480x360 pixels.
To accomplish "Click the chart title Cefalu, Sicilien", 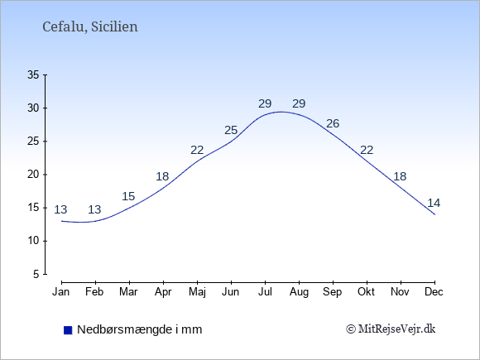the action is pyautogui.click(x=90, y=27).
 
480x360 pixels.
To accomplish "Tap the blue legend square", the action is pyautogui.click(x=68, y=330).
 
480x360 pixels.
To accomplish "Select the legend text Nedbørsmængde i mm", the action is pyautogui.click(x=140, y=329).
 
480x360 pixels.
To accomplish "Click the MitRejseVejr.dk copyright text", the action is pyautogui.click(x=391, y=329).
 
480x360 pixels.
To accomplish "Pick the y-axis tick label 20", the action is pyautogui.click(x=33, y=175).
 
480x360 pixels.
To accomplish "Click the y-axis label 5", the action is pyautogui.click(x=36, y=274).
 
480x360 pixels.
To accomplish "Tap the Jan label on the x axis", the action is pyautogui.click(x=61, y=292).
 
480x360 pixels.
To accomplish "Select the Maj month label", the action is pyautogui.click(x=197, y=292).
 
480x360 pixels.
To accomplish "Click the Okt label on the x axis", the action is pyautogui.click(x=366, y=292).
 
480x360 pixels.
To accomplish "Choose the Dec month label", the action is pyautogui.click(x=434, y=292).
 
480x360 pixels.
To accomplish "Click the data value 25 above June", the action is pyautogui.click(x=231, y=131).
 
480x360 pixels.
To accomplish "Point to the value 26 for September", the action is pyautogui.click(x=333, y=123).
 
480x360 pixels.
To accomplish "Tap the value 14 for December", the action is pyautogui.click(x=434, y=203).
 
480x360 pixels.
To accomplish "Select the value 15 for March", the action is pyautogui.click(x=128, y=196).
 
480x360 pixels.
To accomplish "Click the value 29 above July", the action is pyautogui.click(x=265, y=103).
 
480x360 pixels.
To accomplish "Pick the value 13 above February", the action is pyautogui.click(x=94, y=209).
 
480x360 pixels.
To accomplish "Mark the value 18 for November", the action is pyautogui.click(x=400, y=176).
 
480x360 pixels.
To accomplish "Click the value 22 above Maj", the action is pyautogui.click(x=197, y=151).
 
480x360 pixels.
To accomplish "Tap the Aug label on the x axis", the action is pyautogui.click(x=299, y=292).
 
